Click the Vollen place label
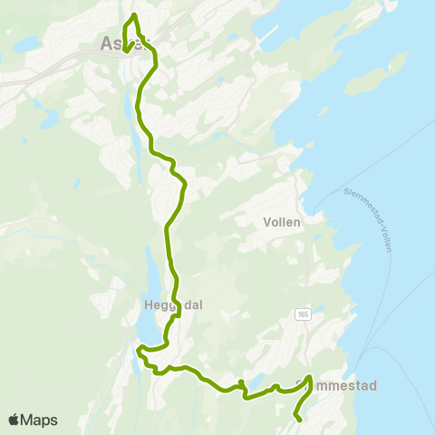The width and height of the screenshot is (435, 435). (281, 221)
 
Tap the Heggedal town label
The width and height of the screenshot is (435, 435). (172, 304)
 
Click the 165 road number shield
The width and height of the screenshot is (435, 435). (304, 314)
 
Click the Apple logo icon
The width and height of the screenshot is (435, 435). (14, 420)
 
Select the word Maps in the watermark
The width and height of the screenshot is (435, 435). (40, 420)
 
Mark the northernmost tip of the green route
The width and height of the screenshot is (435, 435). (134, 15)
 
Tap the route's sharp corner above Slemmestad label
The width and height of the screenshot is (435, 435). (310, 377)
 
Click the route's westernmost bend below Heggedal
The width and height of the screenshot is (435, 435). (139, 349)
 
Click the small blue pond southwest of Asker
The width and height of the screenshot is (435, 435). (48, 119)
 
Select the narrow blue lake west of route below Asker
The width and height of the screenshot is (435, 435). (136, 136)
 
